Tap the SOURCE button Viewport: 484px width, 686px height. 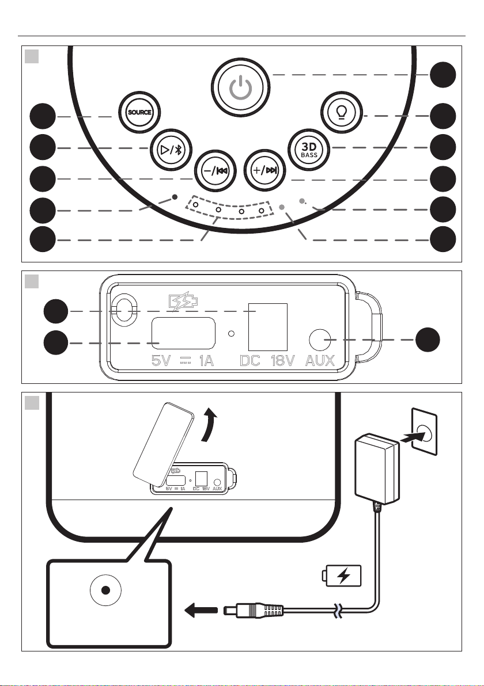[139, 112]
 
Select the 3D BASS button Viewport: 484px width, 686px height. [309, 149]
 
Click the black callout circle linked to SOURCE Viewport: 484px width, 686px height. [43, 117]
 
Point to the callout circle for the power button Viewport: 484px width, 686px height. [443, 75]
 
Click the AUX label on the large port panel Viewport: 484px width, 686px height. [320, 361]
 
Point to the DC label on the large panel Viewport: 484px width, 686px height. [250, 361]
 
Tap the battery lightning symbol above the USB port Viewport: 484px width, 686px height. [183, 302]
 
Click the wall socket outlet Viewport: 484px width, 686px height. [424, 431]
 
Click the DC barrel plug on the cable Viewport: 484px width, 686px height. [254, 610]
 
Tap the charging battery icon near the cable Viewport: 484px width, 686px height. [342, 576]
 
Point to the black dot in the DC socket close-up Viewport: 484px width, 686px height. [105, 590]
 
